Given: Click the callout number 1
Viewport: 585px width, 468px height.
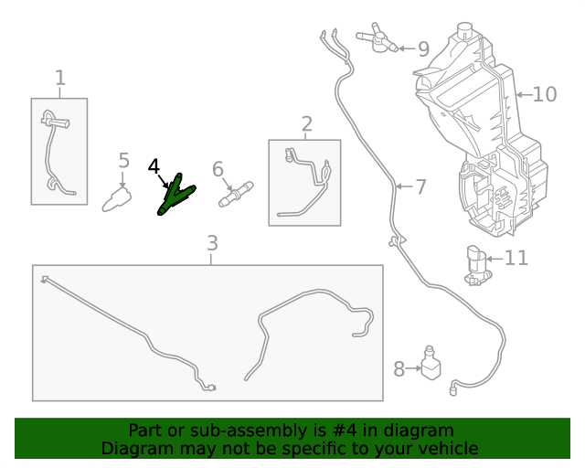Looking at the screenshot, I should [60, 79].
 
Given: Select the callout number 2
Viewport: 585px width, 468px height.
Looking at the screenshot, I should [306, 123].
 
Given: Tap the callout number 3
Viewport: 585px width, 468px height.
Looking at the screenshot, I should [212, 243].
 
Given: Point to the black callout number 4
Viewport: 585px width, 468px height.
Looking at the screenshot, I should [154, 166].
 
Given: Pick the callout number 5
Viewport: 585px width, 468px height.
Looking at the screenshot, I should [124, 162].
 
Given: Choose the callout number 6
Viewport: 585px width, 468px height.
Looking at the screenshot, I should [218, 169].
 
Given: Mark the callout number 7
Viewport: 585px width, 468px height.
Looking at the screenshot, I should [420, 187].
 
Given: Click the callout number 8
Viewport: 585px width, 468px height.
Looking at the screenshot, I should [399, 369].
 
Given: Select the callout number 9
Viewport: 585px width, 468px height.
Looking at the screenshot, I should [422, 49].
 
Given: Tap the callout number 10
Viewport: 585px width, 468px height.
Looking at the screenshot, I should [544, 94].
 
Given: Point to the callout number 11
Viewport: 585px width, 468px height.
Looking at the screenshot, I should [516, 259].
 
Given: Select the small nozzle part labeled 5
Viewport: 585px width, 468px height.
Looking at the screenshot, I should [116, 197].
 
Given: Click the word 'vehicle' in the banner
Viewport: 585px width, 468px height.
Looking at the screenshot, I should [446, 448].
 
